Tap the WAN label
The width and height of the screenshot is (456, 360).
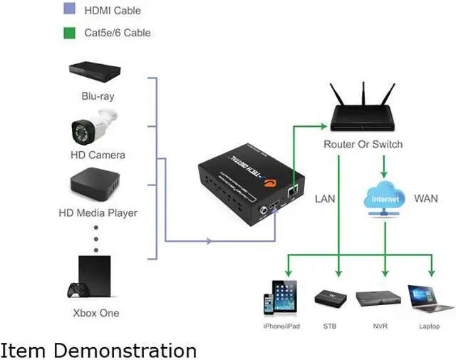[x=426, y=198]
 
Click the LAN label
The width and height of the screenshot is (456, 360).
[x=325, y=198]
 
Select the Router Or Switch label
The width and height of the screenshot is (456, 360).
[x=363, y=145]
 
